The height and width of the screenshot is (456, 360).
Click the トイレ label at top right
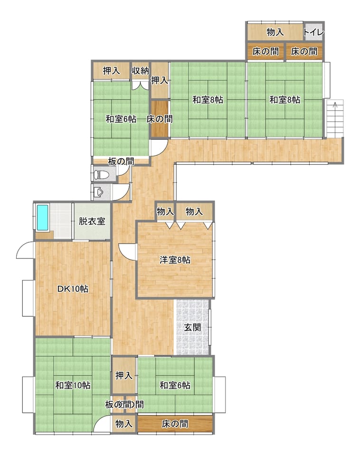click(x=313, y=32)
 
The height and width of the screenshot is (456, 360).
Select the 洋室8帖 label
click(x=175, y=260)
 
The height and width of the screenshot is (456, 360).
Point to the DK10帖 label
click(x=73, y=289)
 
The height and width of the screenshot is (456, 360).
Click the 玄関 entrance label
click(x=192, y=327)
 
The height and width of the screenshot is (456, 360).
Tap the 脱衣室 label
click(x=92, y=221)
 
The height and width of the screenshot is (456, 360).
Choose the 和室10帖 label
click(x=73, y=385)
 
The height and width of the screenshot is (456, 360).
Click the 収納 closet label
click(x=140, y=70)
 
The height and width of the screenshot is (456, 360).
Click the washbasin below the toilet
click(x=99, y=192)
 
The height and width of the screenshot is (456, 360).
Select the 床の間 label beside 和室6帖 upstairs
click(x=160, y=119)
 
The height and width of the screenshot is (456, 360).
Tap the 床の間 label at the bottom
click(x=175, y=424)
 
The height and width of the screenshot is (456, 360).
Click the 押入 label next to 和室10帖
click(x=124, y=375)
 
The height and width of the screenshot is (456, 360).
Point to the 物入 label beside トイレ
click(x=275, y=32)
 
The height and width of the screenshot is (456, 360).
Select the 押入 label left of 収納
click(x=111, y=70)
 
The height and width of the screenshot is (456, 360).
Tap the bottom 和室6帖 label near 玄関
click(x=175, y=385)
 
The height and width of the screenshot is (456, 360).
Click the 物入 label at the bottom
click(x=124, y=424)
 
